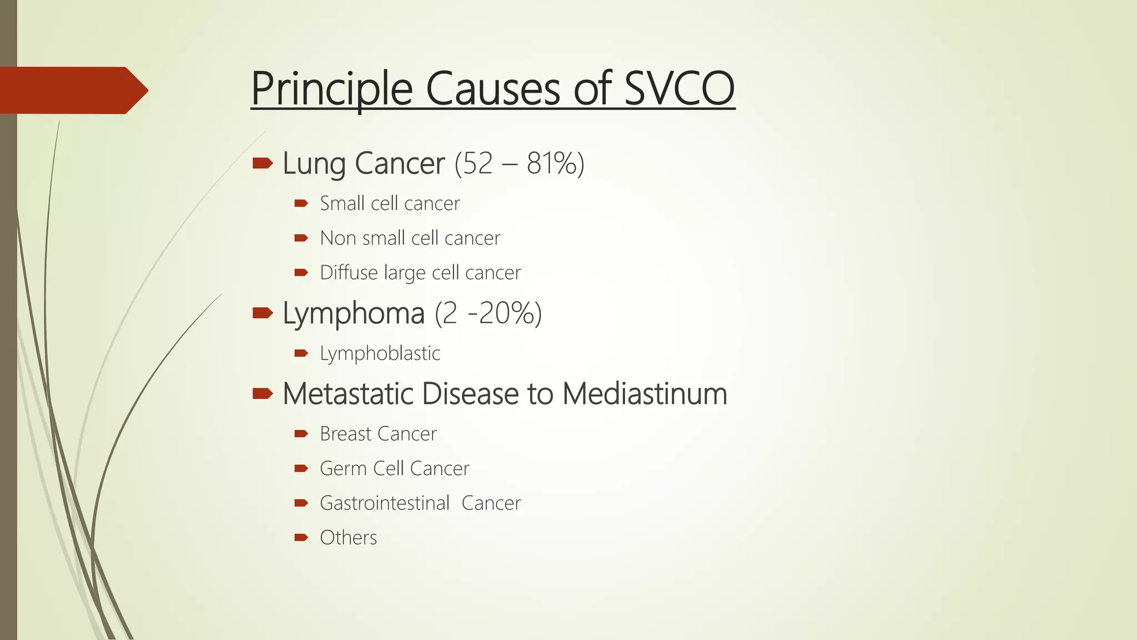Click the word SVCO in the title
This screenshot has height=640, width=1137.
[679, 89]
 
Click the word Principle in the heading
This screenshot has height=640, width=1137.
[331, 89]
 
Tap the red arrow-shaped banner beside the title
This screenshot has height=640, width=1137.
[72, 90]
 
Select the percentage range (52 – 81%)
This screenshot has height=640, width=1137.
[519, 163]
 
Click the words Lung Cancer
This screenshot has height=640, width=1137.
[364, 163]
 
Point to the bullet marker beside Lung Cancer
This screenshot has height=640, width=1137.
[262, 163]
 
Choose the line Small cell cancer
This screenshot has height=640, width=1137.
[390, 203]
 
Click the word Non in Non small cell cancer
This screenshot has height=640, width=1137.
[338, 238]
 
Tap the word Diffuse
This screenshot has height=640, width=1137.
[348, 272]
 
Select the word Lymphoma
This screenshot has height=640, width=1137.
[354, 313]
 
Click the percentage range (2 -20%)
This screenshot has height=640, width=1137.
[488, 313]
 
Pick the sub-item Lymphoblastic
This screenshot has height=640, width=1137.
[380, 353]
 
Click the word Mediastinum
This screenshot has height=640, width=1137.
[644, 394]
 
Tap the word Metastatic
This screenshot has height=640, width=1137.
[348, 394]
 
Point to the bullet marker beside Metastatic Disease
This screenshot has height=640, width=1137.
[262, 394]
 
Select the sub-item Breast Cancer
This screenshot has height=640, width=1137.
[378, 434]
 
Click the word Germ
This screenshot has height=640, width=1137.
[343, 468]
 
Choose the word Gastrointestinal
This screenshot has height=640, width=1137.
[384, 503]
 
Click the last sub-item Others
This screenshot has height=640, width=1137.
[348, 538]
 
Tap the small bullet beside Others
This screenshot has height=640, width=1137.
[301, 537]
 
